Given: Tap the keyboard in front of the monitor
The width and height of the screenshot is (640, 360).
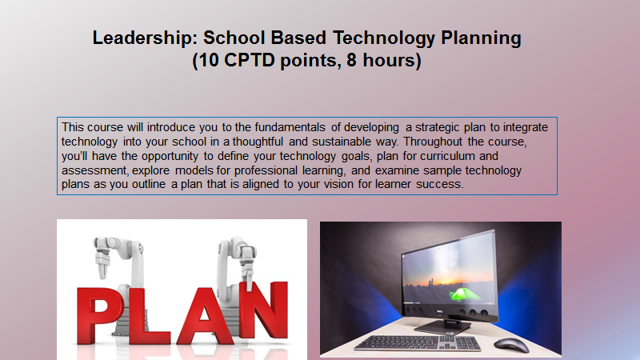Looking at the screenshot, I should [x=417, y=343].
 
